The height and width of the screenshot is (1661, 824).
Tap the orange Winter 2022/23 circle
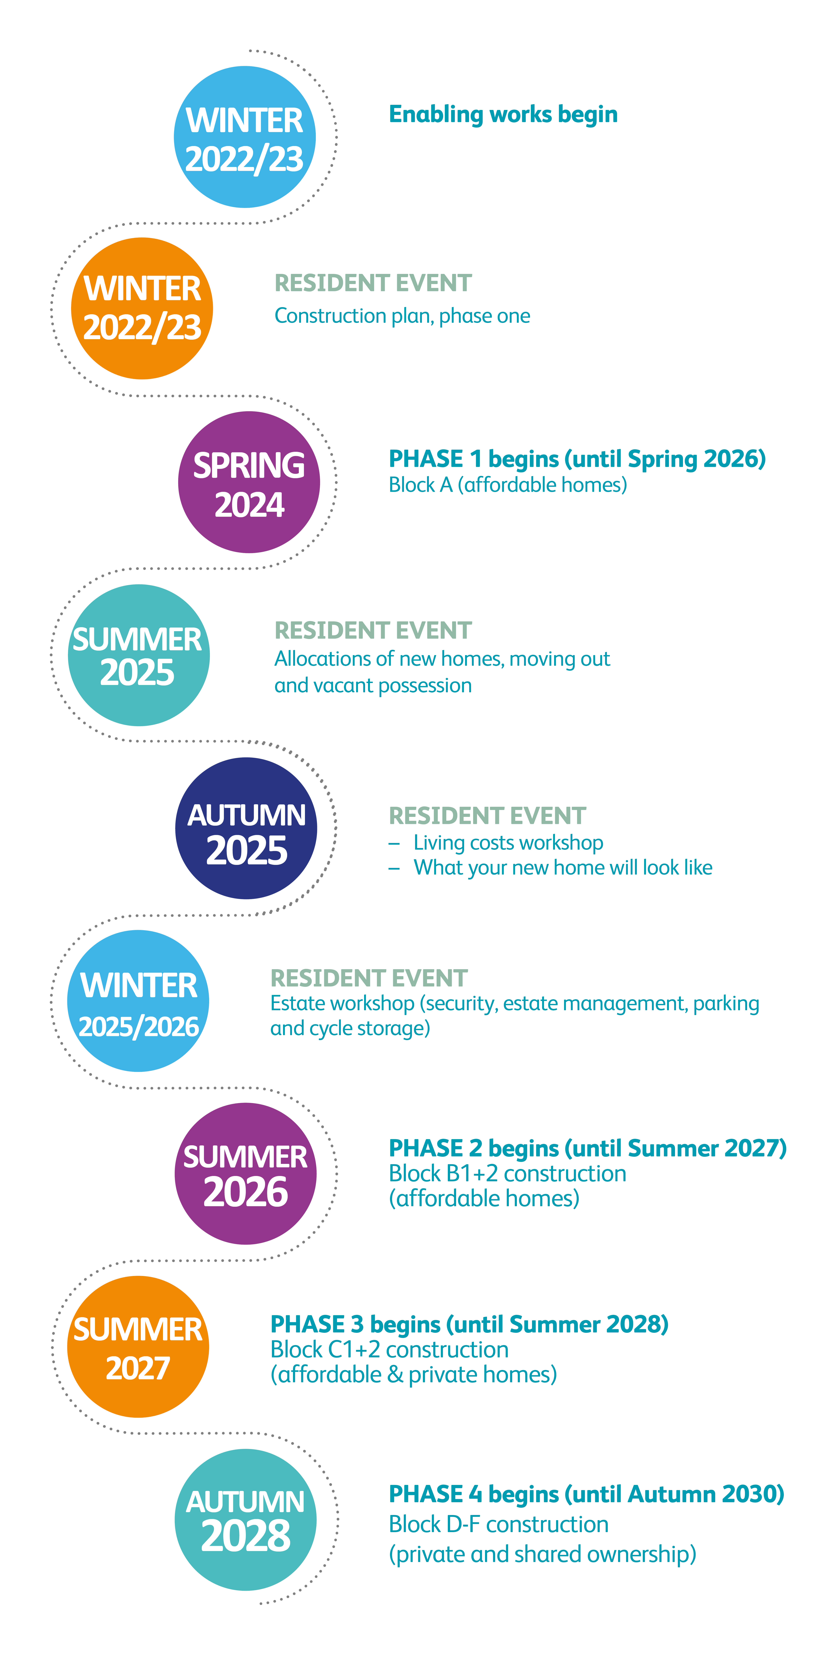click(142, 308)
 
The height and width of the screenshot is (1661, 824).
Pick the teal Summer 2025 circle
click(139, 655)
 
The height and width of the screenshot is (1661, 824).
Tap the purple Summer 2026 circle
click(246, 1173)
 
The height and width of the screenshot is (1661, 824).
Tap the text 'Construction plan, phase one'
click(402, 316)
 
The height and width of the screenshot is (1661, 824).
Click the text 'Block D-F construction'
click(498, 1524)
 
